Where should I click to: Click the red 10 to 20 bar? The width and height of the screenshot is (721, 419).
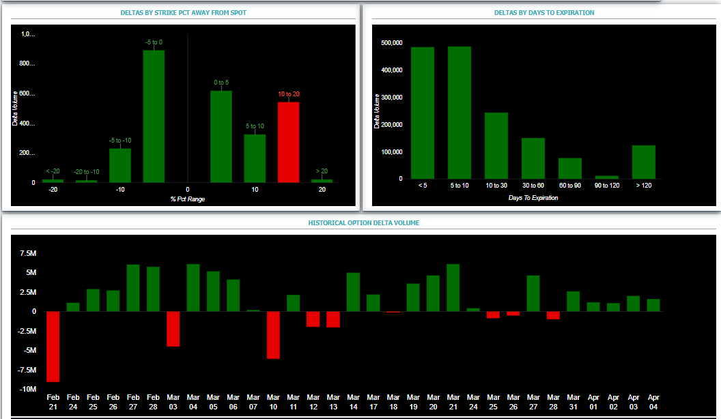288,142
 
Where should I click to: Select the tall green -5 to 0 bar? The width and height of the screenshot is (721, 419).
154,116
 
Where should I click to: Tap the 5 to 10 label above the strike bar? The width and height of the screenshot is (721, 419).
254,126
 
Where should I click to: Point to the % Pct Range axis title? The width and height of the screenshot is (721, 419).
186,199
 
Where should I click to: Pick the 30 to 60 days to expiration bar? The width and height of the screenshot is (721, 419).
533,158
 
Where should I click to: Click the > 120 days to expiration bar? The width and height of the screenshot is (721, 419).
643,162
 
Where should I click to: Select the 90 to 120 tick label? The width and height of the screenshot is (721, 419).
606,186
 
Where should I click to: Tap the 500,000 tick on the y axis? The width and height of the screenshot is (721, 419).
391,43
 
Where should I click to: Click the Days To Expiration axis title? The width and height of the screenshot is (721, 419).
533,198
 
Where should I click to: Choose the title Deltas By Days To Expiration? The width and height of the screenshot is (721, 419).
543,12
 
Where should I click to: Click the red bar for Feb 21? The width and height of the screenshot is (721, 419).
53,346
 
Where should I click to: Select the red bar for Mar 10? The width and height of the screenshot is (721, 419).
273,334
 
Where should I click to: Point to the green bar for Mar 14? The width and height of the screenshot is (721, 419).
353,292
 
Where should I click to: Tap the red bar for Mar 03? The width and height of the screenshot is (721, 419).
173,328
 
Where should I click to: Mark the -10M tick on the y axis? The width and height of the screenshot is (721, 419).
27,389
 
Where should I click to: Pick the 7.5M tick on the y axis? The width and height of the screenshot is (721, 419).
27,253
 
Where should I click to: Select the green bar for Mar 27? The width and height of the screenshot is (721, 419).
533,293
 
